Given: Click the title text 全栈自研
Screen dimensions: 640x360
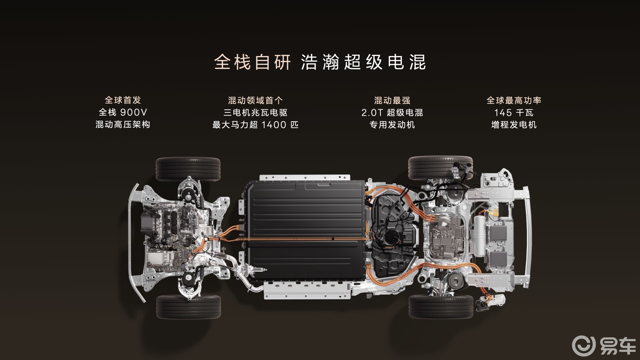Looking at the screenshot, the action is click(252, 62).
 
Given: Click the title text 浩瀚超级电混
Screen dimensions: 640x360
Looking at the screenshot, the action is click(363, 62).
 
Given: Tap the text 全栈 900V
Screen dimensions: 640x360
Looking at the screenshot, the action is click(123, 112).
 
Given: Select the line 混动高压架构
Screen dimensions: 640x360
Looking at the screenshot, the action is click(123, 125).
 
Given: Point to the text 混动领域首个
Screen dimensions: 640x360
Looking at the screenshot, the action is click(255, 100).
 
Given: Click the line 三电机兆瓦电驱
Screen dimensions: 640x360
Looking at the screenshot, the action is click(255, 112).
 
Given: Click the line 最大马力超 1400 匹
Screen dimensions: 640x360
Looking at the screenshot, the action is click(255, 125).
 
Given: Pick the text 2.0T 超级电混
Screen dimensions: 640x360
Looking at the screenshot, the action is click(392, 112).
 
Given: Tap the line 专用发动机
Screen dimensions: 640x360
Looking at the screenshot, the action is click(392, 125).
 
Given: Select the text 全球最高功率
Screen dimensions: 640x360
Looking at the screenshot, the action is click(514, 100).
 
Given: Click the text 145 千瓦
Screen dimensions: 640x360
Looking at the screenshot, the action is click(514, 112).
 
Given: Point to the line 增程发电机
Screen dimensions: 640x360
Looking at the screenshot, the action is click(514, 125).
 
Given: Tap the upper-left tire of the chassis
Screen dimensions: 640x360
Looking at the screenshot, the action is click(188, 169).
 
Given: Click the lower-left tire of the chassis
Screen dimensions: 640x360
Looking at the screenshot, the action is click(188, 307).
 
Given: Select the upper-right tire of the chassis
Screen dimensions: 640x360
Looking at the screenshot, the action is click(440, 168).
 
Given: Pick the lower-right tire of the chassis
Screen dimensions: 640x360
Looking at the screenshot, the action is click(441, 306).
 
